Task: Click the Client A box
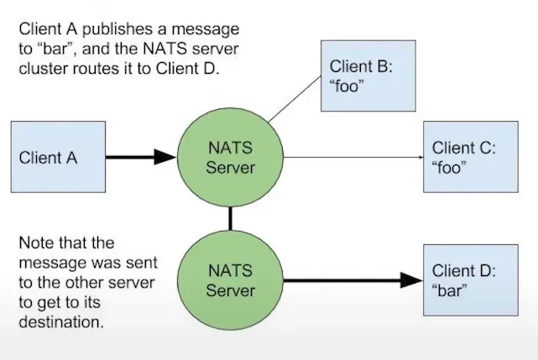tap(57, 157)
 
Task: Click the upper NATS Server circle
tap(230, 157)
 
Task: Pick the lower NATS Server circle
tap(230, 279)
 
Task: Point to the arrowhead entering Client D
tap(410, 279)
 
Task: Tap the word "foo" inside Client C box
tap(450, 166)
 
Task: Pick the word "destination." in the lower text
tap(62, 322)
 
